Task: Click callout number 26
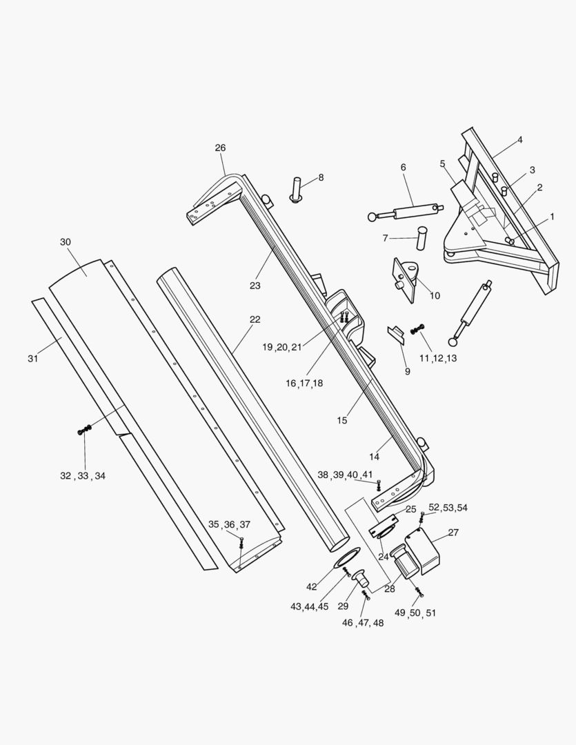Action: coord(220,148)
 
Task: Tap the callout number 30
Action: coord(66,242)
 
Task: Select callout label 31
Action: coord(32,358)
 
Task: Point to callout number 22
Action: coord(255,319)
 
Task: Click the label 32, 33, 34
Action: coord(83,476)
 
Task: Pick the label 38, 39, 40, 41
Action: coord(345,475)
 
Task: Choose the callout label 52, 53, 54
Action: coord(448,508)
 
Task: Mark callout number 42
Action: coord(312,587)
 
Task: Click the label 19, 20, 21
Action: coord(281,347)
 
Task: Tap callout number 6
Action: coord(403,167)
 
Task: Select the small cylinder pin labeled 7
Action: coord(421,239)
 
